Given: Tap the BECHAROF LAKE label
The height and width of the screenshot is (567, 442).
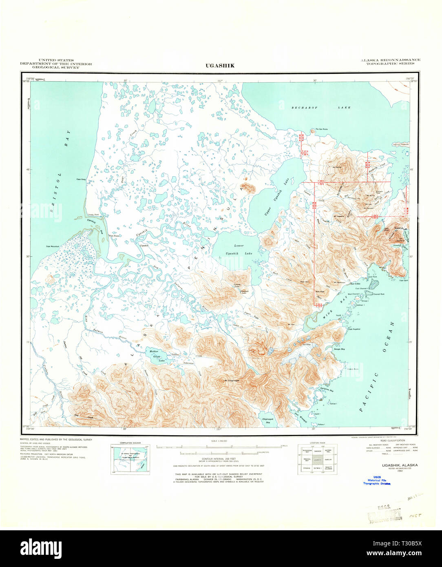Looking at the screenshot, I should (321, 108).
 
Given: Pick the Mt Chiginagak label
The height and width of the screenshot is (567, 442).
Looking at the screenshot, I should (232, 381).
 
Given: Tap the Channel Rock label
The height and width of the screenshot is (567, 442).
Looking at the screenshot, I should (378, 294).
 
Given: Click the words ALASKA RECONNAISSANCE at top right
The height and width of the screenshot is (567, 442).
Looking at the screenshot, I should (390, 60).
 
